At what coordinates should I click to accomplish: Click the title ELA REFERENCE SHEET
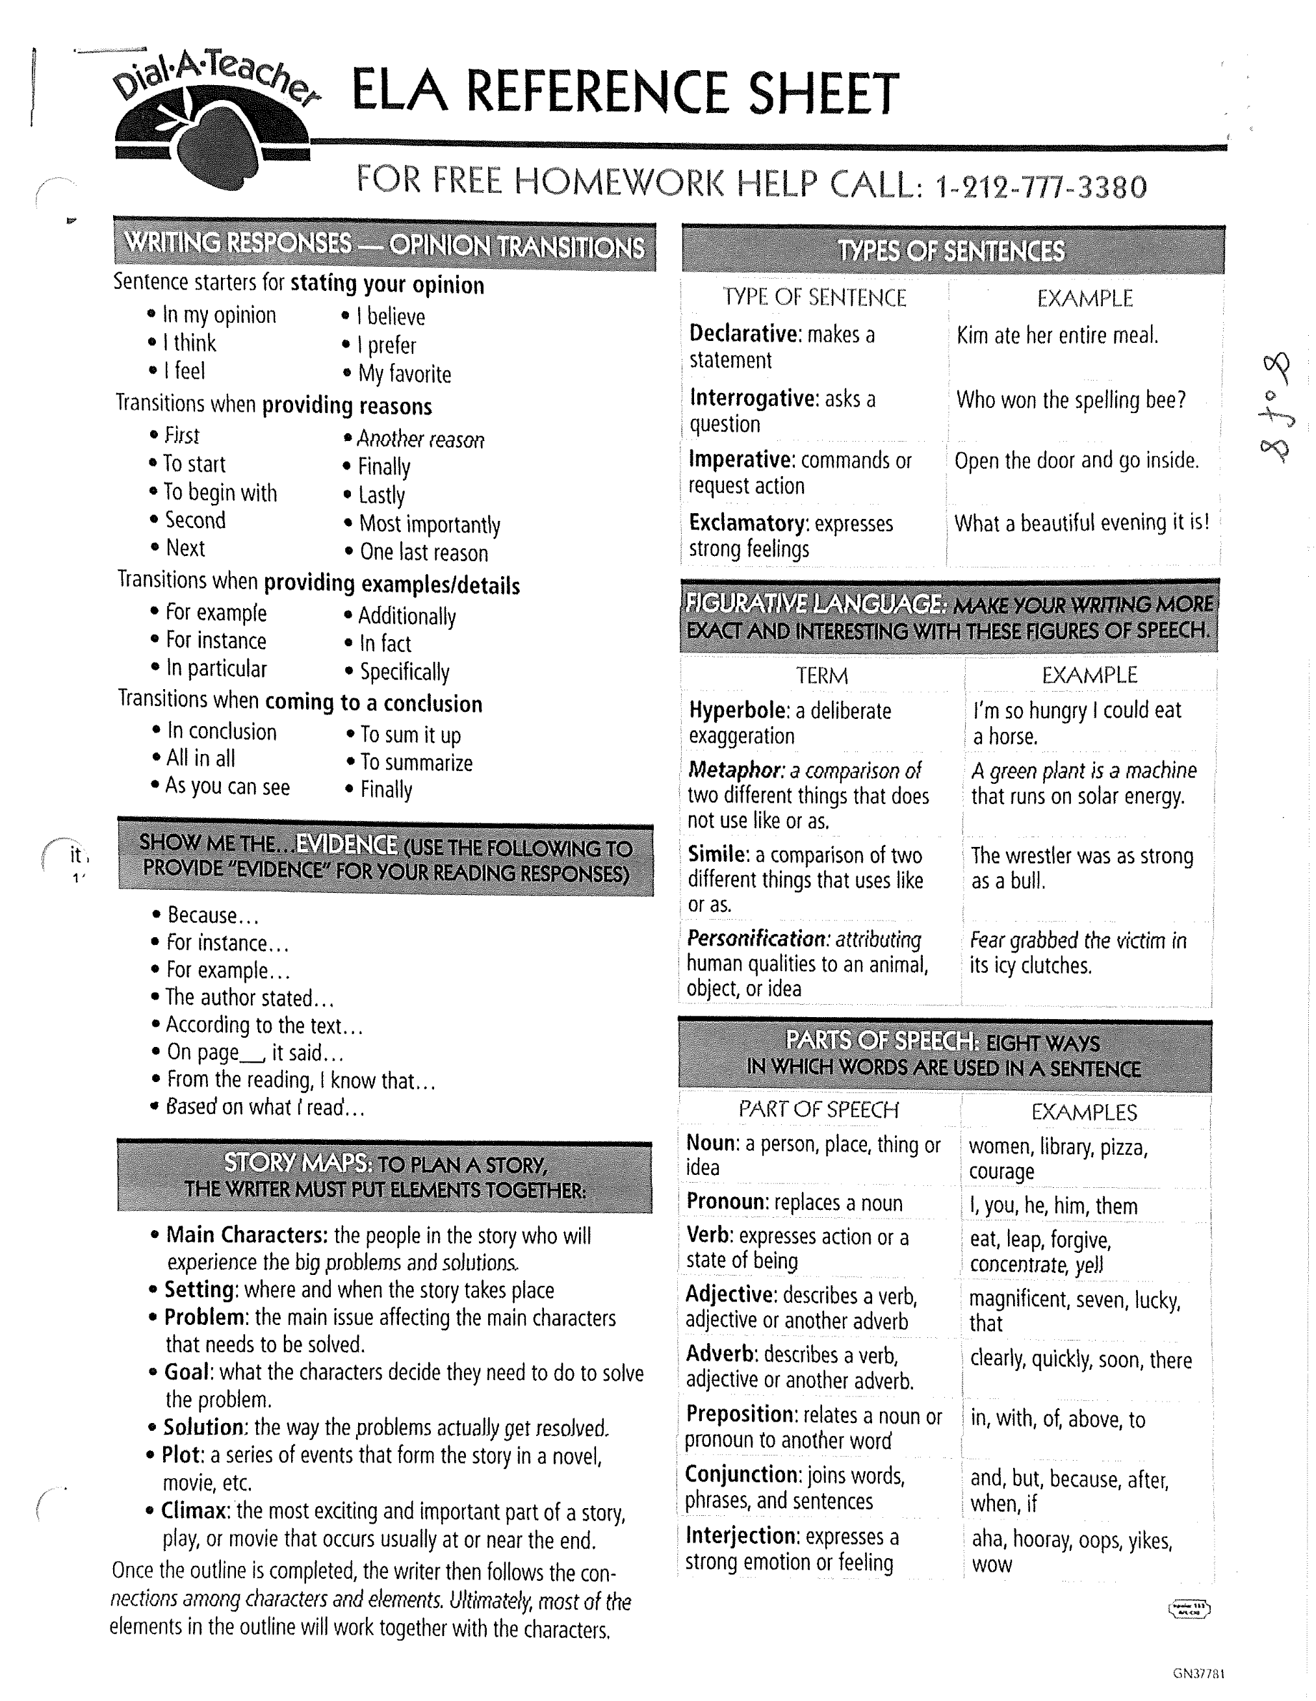tap(625, 93)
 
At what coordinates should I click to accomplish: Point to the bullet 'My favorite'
tap(404, 374)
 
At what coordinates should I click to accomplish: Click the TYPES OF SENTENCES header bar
tap(951, 251)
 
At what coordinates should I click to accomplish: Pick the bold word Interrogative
tap(753, 399)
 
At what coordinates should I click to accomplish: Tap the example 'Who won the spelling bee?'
tap(1070, 400)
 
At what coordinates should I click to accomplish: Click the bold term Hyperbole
tap(736, 711)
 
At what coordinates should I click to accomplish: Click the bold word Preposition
tap(740, 1414)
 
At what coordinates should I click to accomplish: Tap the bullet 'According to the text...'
tap(264, 1025)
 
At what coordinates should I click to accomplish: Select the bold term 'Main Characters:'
tap(247, 1235)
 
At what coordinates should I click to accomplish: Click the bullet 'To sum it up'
tap(411, 735)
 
